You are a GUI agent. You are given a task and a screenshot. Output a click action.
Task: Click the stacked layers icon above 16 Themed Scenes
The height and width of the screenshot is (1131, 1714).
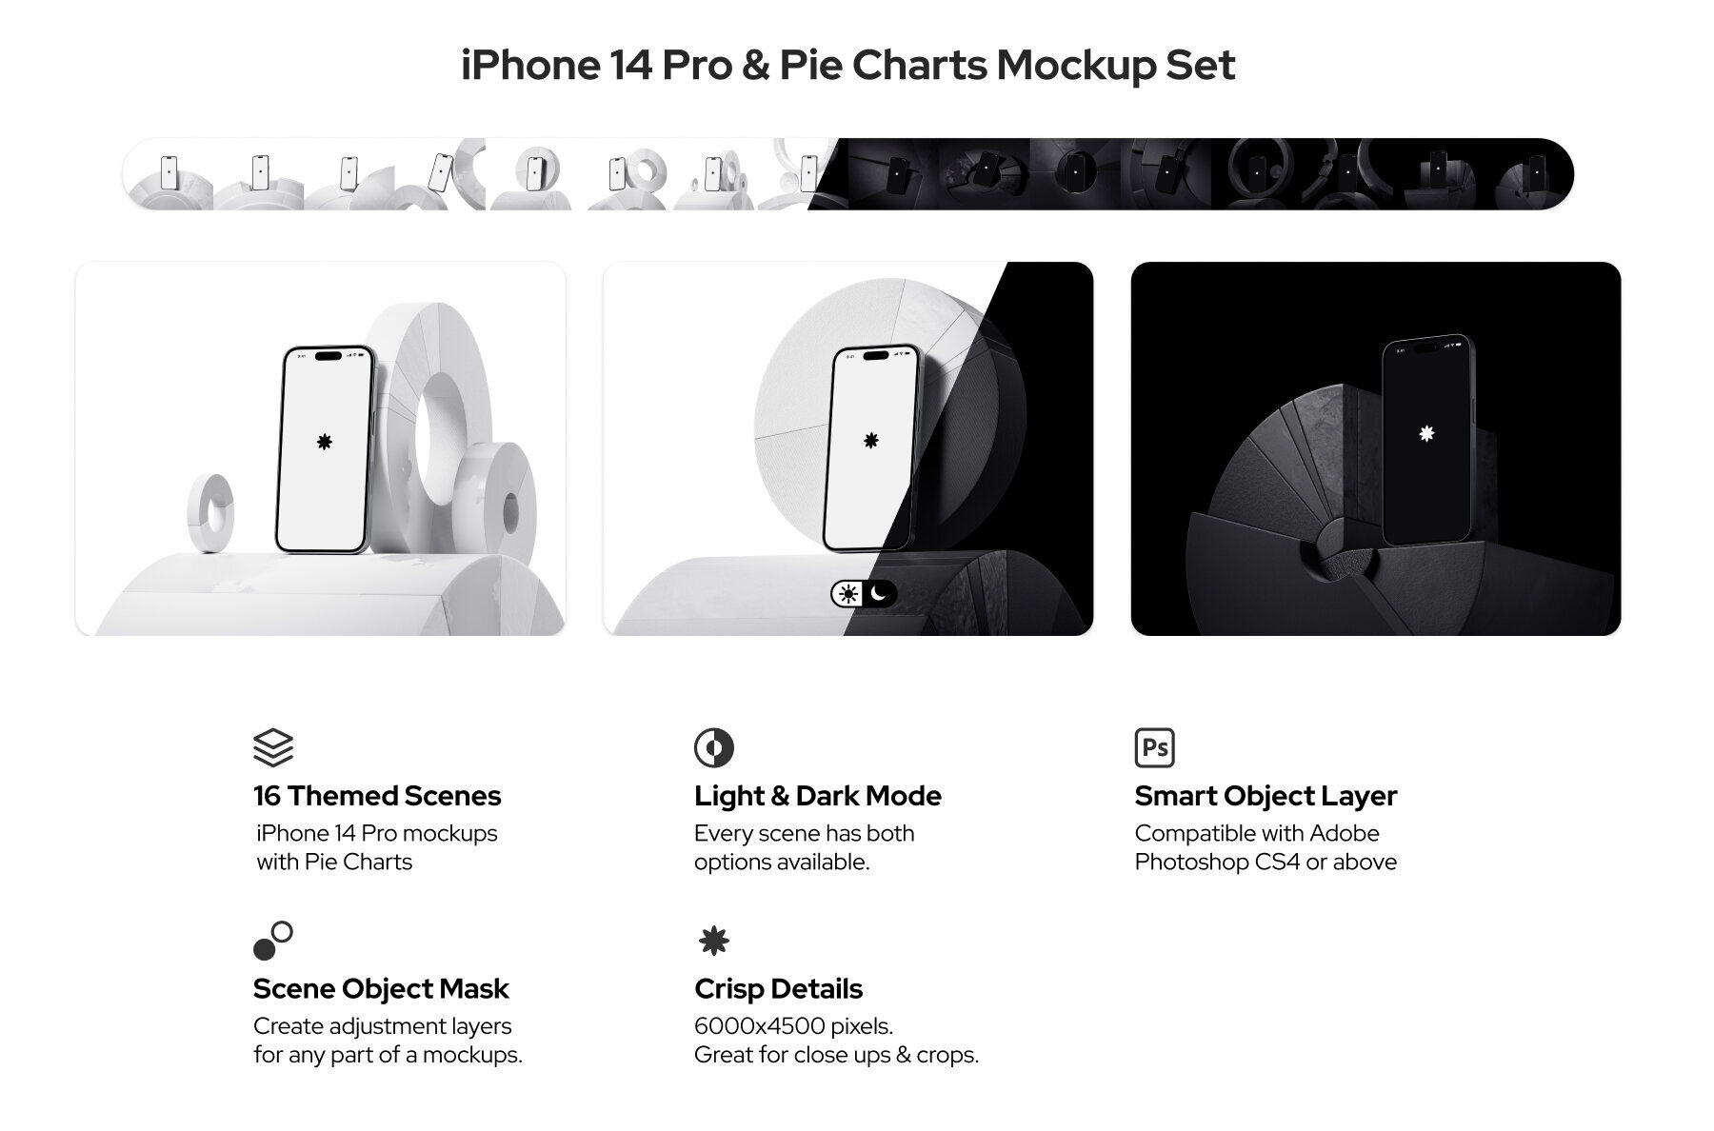273,747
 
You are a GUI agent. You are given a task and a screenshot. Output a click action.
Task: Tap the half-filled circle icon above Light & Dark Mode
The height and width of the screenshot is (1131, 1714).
714,747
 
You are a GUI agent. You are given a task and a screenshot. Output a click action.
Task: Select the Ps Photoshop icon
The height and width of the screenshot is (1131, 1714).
1154,747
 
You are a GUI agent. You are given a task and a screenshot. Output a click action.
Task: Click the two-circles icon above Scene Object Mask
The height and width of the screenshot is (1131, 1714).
273,941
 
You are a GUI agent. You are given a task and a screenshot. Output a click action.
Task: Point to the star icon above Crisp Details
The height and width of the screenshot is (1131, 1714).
714,942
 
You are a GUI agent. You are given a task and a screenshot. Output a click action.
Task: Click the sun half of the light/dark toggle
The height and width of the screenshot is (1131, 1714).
847,594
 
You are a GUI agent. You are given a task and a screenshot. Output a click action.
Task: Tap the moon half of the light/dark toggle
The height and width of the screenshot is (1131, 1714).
880,594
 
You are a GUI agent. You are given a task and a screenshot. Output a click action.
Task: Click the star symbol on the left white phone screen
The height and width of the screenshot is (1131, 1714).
325,442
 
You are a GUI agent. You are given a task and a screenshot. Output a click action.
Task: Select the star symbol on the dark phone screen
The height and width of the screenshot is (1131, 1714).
1426,434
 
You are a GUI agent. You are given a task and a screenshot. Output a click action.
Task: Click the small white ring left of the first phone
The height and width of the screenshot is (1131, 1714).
211,512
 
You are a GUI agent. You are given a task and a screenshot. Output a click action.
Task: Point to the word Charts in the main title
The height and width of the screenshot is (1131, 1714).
920,66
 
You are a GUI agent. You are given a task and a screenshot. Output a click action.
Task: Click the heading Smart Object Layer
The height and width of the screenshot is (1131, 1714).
1266,796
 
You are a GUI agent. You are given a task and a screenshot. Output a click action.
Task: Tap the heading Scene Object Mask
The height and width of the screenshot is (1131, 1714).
381,989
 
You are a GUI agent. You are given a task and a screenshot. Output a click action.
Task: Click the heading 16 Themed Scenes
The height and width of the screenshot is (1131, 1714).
377,796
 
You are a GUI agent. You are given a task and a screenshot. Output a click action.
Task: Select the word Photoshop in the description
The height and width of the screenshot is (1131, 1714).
1191,863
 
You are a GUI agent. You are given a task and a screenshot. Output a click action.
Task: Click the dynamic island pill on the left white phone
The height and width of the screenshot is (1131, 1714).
328,357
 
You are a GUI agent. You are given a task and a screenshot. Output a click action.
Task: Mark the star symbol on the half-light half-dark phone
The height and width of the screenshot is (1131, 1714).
870,440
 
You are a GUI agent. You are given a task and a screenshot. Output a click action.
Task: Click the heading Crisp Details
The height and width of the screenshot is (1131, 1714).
778,989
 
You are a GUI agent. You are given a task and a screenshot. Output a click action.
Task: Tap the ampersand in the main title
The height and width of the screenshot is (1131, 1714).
755,66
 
